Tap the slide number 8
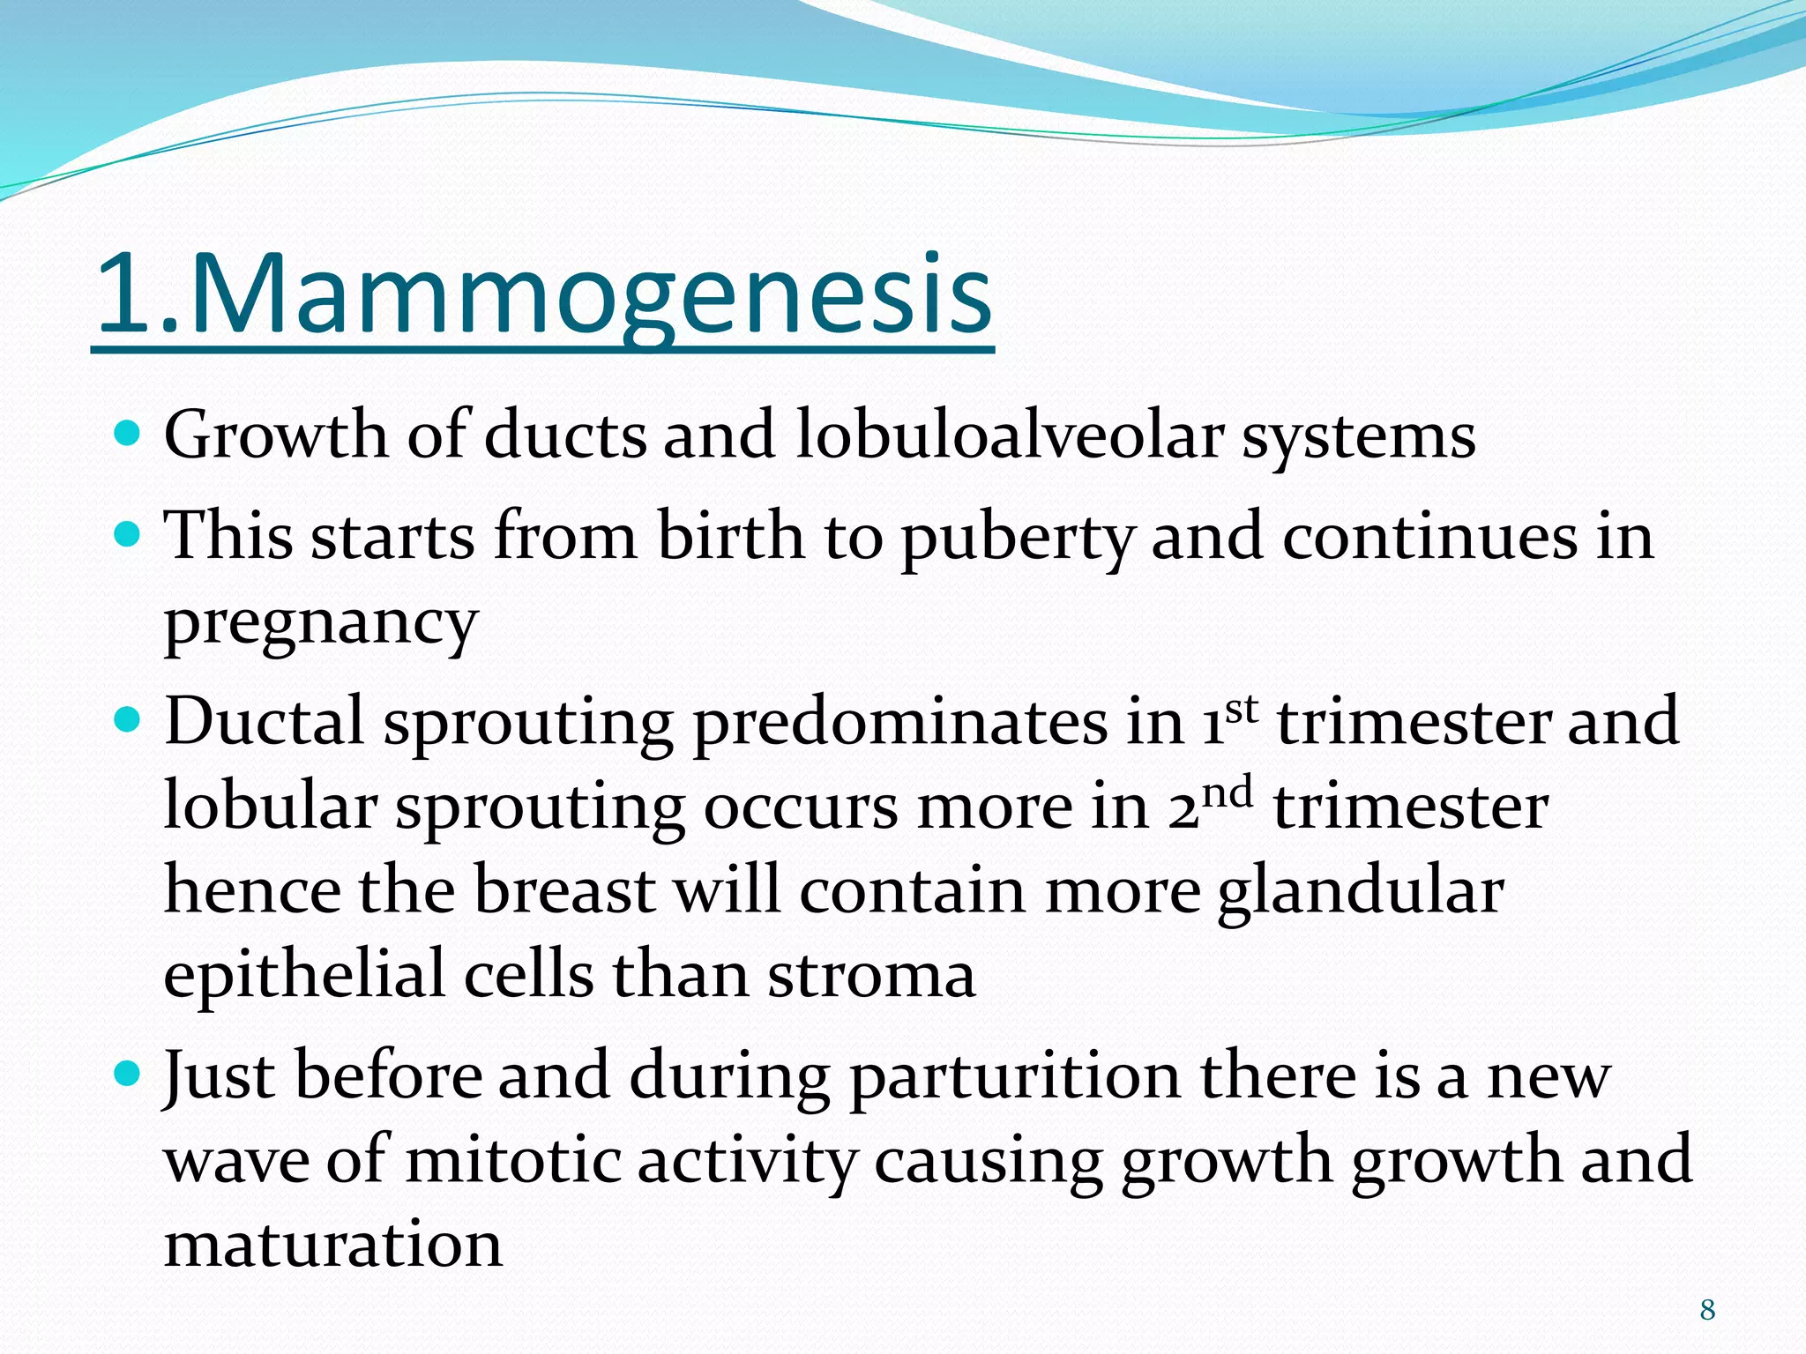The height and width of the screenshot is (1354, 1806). click(x=1707, y=1310)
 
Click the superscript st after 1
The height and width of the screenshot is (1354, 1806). click(x=1240, y=709)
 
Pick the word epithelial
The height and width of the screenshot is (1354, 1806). click(x=303, y=977)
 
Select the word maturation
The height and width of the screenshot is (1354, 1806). click(x=333, y=1245)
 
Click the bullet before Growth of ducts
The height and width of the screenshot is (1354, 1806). click(x=129, y=434)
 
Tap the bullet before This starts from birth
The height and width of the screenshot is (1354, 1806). click(x=129, y=534)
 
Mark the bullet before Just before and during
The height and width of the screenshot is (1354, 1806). click(x=129, y=1074)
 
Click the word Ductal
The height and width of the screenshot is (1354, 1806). click(x=265, y=721)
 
